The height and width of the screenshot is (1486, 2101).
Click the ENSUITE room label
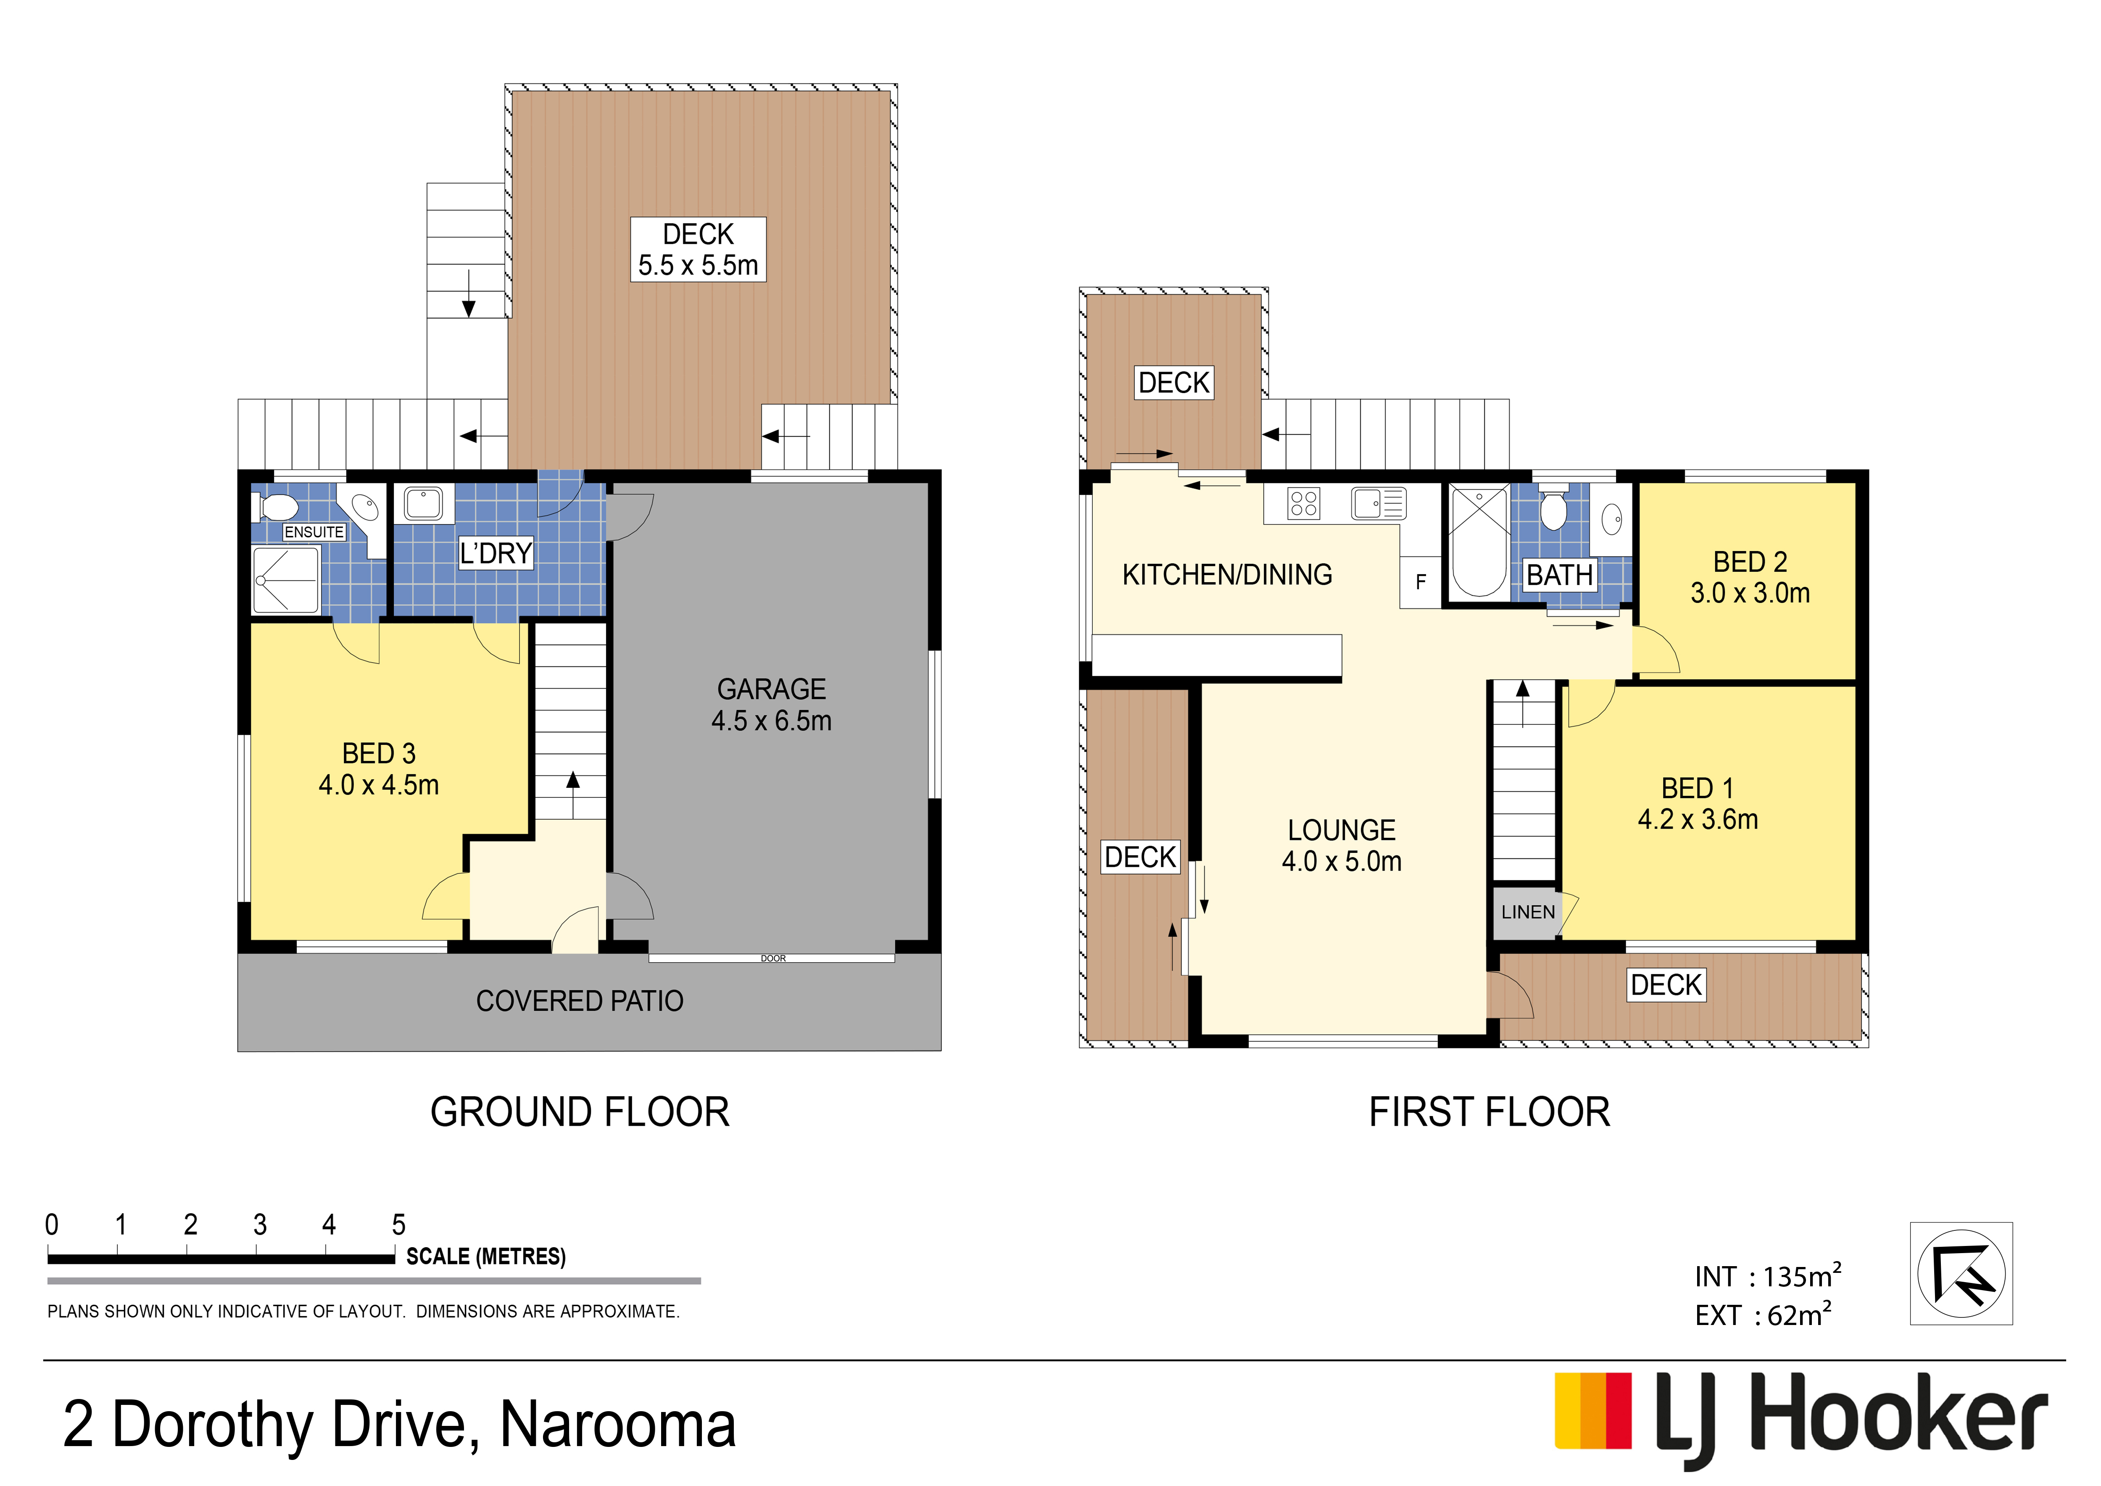pos(314,532)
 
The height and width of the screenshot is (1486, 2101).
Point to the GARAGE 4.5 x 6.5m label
pos(771,705)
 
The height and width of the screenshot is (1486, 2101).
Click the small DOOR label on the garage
pos(773,958)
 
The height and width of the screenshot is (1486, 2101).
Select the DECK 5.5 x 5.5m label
pos(698,249)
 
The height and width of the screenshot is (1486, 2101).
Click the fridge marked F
pos(1420,582)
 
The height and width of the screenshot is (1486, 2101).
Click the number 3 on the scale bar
pos(260,1224)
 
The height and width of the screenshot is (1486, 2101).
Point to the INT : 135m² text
pos(1768,1275)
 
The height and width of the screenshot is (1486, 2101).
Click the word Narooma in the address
pos(618,1425)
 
